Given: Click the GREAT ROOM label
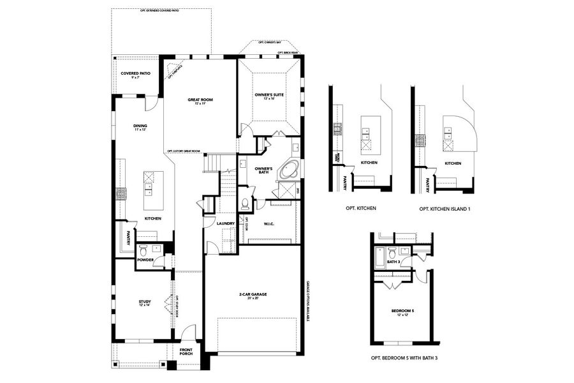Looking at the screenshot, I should tap(200, 100).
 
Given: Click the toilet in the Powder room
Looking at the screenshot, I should tap(143, 250).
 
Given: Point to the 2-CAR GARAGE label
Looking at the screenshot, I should tap(253, 295).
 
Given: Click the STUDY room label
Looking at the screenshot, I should tap(145, 302).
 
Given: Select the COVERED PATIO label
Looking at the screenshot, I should tap(136, 74).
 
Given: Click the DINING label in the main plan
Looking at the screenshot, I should tap(140, 126).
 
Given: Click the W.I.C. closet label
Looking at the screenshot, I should tap(269, 223).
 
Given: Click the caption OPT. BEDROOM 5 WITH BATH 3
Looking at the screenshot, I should tap(404, 358).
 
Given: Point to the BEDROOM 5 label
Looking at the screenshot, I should tap(403, 311).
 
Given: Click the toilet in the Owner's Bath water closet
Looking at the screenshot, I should tap(245, 204).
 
